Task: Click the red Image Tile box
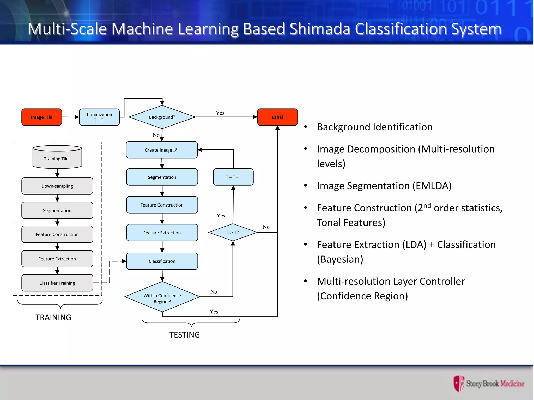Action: coord(42,117)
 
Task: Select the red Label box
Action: coord(277,117)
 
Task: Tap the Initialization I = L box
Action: coord(99,117)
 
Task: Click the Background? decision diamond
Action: coord(162,117)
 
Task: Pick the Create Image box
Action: coord(162,150)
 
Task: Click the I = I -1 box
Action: coord(233,177)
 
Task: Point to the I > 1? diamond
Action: coord(233,232)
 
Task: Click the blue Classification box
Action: coord(162,261)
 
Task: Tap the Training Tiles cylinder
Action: coord(57,157)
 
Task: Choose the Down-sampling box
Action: coord(57,186)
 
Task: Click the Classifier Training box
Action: coord(57,283)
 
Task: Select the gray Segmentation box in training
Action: coord(57,210)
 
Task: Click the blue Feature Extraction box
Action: coord(162,233)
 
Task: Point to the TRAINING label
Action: coord(53,317)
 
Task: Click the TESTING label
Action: coord(185,335)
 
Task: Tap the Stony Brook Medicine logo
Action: coord(489,383)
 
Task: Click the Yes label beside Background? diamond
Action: coord(220,113)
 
